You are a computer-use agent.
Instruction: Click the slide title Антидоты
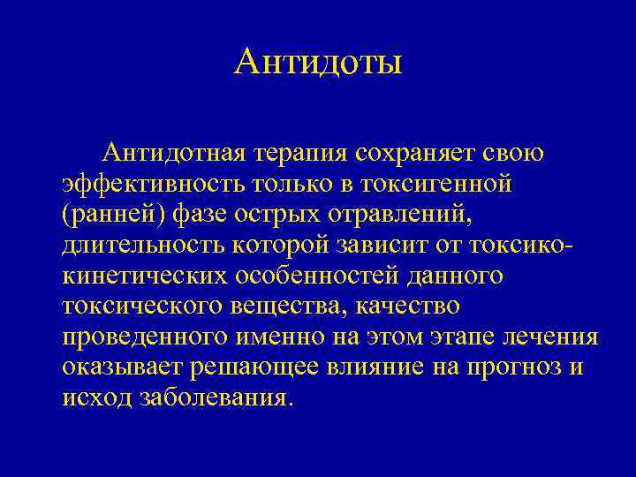[x=319, y=62]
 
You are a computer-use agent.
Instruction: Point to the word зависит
[x=399, y=245]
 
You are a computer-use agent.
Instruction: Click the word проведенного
[x=145, y=337]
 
